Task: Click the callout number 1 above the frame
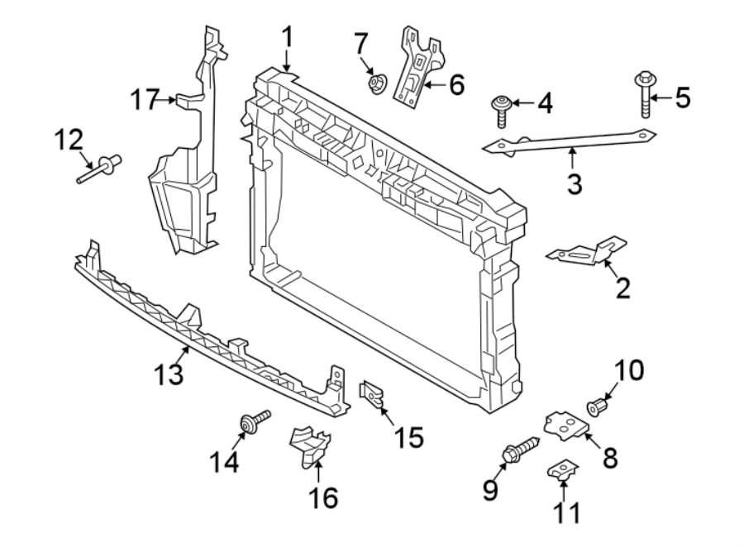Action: coord(287,36)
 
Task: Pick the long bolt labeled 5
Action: coord(645,95)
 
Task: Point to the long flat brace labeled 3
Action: coord(570,141)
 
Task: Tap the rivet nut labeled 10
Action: coord(595,407)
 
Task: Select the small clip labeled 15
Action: coord(371,393)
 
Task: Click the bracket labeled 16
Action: coord(309,446)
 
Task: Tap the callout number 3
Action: coord(575,183)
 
